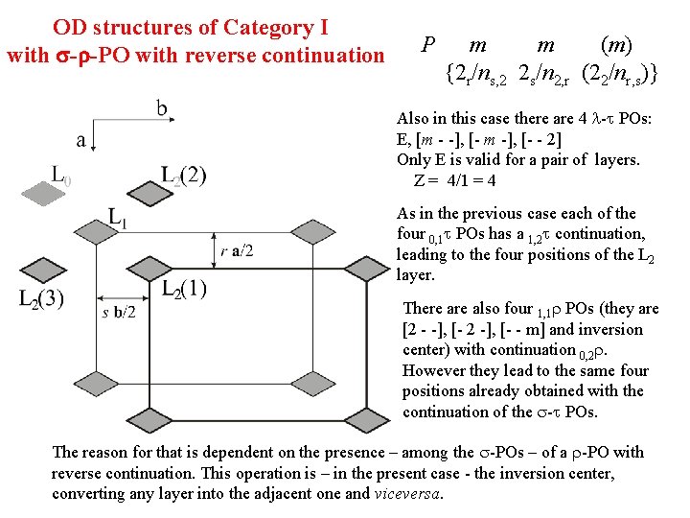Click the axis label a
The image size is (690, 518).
tap(81, 140)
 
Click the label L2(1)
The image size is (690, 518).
tap(184, 289)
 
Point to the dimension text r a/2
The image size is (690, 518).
tap(237, 250)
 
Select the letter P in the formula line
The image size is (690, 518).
tap(428, 44)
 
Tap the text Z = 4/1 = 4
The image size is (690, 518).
tap(455, 180)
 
